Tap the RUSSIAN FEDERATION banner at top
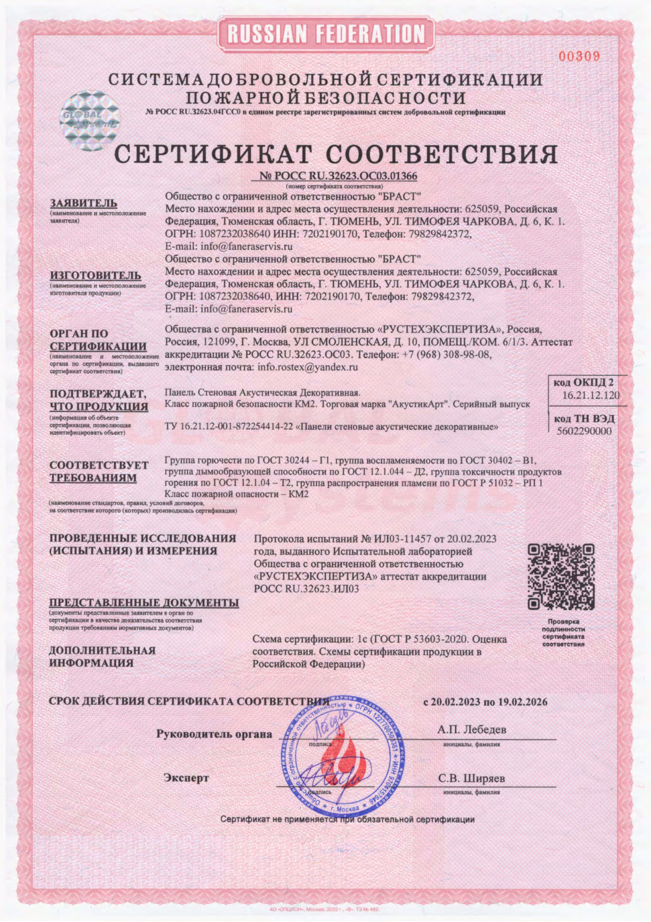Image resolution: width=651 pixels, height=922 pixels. click(x=326, y=34)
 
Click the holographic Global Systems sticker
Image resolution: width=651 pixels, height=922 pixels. click(x=90, y=120)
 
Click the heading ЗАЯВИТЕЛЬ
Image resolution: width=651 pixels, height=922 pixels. click(x=83, y=203)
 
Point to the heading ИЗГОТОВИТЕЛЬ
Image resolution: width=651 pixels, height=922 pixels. click(x=95, y=275)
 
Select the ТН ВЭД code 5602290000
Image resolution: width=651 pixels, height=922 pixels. click(x=584, y=431)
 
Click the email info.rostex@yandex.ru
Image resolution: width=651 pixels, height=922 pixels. click(x=308, y=366)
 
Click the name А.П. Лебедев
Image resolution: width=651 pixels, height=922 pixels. click(x=471, y=729)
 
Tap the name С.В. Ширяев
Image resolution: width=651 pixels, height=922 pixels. click(x=471, y=779)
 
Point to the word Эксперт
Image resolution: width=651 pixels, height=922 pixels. click(x=186, y=778)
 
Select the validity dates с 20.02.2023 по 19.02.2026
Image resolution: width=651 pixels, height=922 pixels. click(x=486, y=702)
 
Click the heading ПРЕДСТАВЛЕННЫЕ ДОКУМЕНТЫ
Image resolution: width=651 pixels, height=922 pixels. click(x=144, y=602)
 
